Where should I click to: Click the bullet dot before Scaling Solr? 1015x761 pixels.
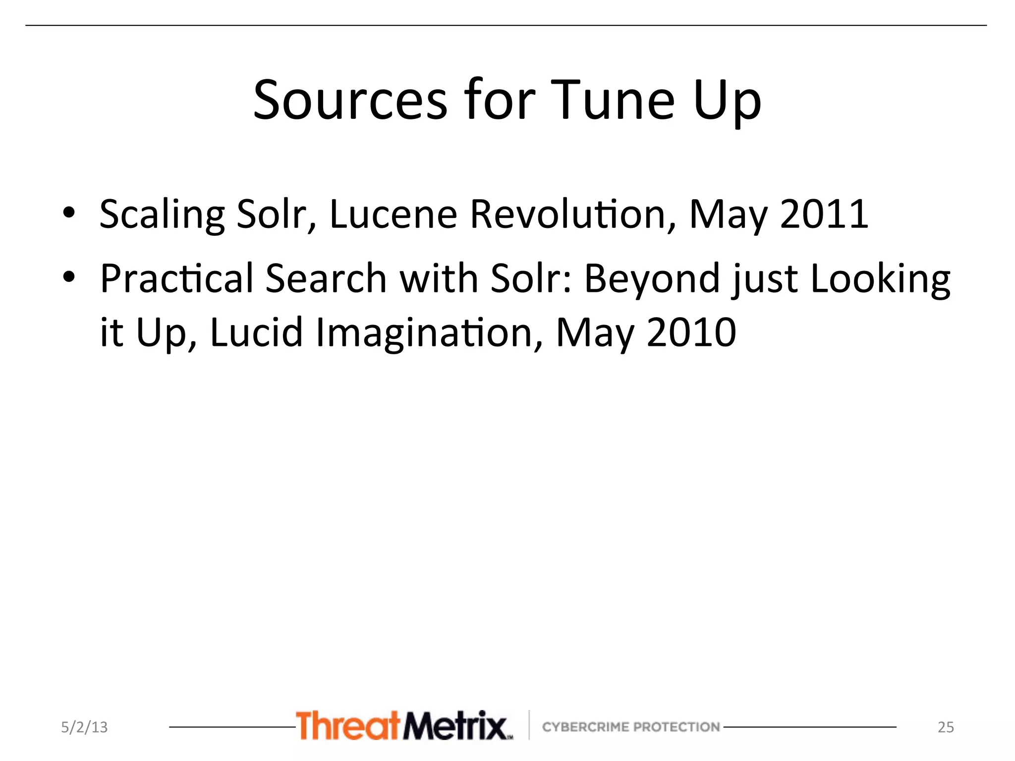[69, 213]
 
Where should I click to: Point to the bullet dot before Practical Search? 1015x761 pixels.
[69, 277]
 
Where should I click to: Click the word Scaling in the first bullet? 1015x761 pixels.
[162, 215]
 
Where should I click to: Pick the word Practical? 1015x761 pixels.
[177, 278]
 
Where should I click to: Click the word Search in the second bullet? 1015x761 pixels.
[326, 278]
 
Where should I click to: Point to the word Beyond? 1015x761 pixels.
[652, 278]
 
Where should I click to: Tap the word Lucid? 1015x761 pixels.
[256, 332]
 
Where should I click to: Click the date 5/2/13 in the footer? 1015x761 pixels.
[84, 727]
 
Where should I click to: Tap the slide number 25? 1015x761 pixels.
[946, 727]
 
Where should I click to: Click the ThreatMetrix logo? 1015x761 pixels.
[404, 725]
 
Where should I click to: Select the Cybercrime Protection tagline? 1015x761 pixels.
[631, 727]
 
